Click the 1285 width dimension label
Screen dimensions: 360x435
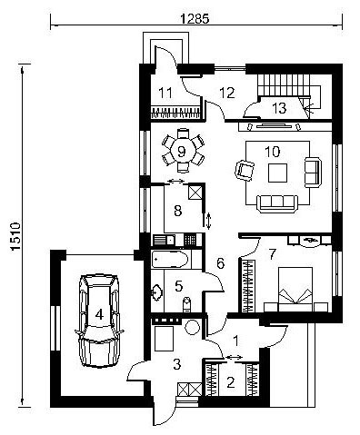click(x=195, y=19)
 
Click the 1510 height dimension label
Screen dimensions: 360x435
click(x=15, y=237)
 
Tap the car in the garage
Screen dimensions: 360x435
click(x=99, y=321)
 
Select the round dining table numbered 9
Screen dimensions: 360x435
click(x=181, y=151)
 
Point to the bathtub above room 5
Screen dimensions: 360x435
click(x=170, y=259)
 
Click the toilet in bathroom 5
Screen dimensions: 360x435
click(x=187, y=304)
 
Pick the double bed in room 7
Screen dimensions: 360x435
click(x=295, y=289)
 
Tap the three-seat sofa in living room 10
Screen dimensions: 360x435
click(x=277, y=203)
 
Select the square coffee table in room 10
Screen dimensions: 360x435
click(x=277, y=173)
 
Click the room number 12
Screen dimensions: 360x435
click(x=227, y=93)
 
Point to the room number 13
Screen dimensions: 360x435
click(x=279, y=108)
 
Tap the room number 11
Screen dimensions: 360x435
click(x=165, y=93)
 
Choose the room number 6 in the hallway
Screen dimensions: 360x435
click(x=220, y=263)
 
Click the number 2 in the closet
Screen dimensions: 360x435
click(x=231, y=382)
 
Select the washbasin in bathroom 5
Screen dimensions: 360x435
click(x=157, y=292)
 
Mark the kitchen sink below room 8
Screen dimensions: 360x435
click(x=164, y=241)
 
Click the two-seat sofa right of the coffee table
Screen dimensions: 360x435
click(x=313, y=173)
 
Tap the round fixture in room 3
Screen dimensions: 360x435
click(x=192, y=327)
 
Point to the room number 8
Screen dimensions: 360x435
click(x=178, y=211)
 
